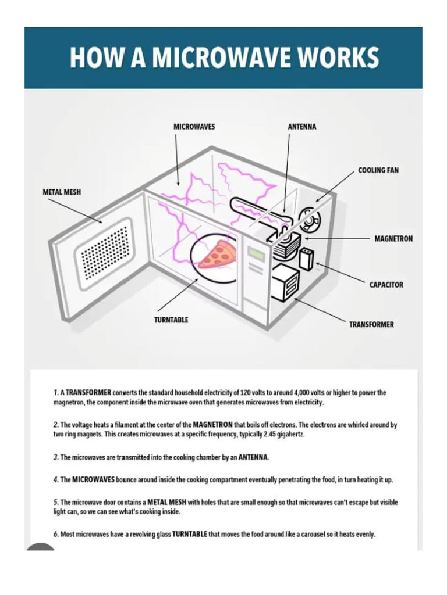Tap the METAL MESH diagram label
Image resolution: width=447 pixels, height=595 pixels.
click(62, 192)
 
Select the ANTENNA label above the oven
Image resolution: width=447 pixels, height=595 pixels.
click(302, 127)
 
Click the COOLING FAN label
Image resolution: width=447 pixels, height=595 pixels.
click(378, 170)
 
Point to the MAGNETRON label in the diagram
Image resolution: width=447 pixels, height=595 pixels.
click(393, 239)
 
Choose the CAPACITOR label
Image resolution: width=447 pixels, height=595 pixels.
click(386, 285)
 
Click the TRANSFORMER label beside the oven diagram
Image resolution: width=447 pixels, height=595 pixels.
click(371, 324)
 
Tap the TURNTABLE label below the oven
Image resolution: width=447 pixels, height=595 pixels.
click(171, 320)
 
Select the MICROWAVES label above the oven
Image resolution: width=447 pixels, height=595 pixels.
click(194, 127)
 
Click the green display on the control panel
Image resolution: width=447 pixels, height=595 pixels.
click(256, 254)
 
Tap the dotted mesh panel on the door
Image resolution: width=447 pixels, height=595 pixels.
click(105, 252)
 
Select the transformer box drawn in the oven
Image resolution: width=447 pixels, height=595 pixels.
click(285, 282)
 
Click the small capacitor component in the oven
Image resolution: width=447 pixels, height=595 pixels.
click(306, 259)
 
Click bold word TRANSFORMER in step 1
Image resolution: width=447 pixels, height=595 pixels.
click(88, 393)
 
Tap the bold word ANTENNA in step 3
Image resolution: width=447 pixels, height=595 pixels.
click(253, 458)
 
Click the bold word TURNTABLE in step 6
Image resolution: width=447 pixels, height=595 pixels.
click(190, 534)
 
